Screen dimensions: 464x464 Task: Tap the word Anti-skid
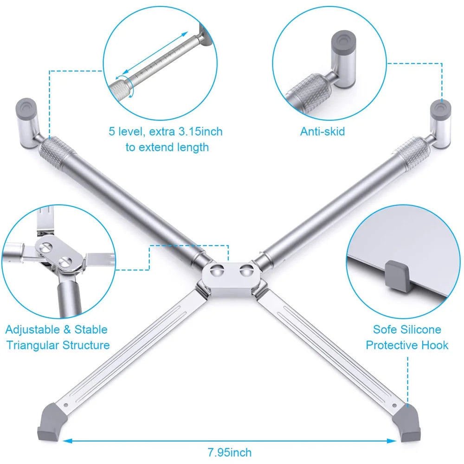click(x=322, y=131)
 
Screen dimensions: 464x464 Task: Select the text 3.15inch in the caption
click(x=200, y=131)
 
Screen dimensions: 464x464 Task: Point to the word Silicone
click(x=420, y=329)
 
